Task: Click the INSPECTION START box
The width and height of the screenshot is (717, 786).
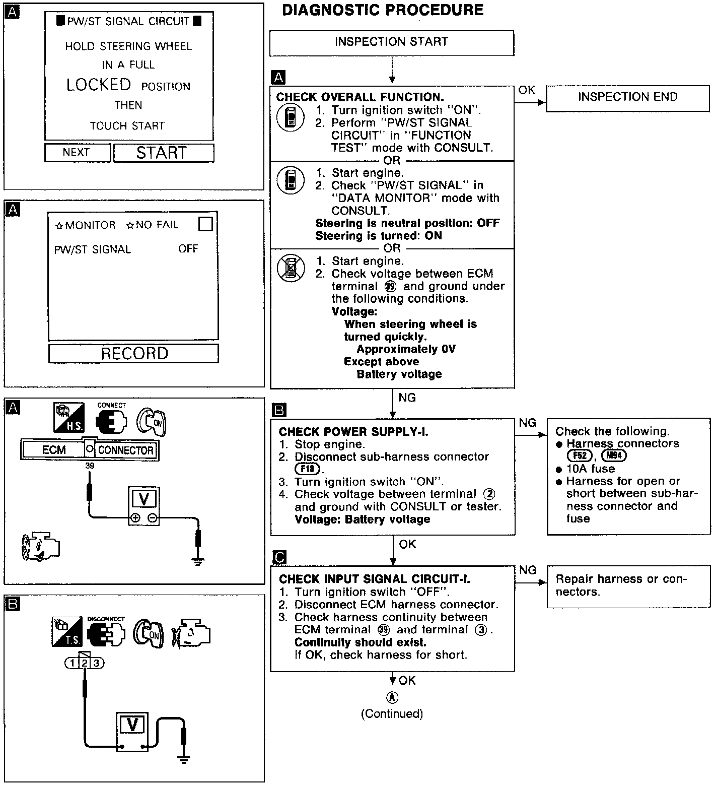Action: (392, 42)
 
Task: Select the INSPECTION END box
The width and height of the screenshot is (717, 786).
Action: (627, 97)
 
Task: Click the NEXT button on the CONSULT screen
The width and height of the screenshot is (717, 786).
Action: (77, 153)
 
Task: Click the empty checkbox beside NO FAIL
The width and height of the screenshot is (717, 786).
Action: (205, 224)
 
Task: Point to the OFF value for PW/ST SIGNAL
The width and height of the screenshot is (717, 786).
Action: (188, 249)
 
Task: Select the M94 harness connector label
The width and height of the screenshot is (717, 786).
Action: (614, 456)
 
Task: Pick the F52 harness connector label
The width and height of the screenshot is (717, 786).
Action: (580, 456)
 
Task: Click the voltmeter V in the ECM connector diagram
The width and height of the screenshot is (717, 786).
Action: (144, 499)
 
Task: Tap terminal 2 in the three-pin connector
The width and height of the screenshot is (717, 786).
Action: (85, 663)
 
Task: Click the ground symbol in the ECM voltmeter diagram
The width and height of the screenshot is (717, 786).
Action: (199, 561)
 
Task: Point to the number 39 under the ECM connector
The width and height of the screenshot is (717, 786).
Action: (90, 466)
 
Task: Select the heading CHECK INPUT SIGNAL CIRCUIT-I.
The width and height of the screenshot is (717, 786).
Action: (375, 579)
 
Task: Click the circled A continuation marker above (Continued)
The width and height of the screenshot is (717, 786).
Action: (392, 697)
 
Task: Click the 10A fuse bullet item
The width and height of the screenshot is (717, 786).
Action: (590, 469)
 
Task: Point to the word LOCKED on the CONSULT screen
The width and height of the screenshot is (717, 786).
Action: (99, 85)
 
